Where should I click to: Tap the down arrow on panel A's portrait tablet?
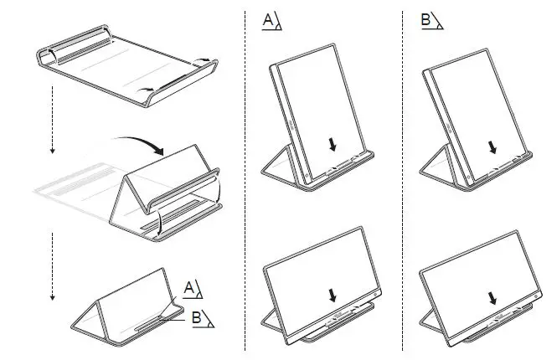tap(333, 144)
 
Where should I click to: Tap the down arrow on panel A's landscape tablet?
tap(333, 295)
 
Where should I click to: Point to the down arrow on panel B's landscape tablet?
tap(491, 296)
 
